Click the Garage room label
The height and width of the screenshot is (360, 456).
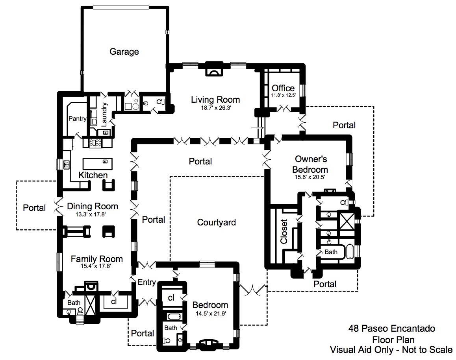pyautogui.click(x=124, y=52)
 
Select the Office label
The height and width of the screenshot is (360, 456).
pyautogui.click(x=283, y=88)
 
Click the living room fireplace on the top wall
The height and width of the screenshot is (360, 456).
pyautogui.click(x=214, y=69)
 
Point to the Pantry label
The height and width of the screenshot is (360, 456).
pyautogui.click(x=77, y=118)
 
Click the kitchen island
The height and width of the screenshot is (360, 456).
pyautogui.click(x=97, y=164)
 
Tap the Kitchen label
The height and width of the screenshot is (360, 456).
pyautogui.click(x=93, y=175)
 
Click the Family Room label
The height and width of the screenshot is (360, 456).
pyautogui.click(x=96, y=259)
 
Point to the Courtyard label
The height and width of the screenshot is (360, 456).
pyautogui.click(x=216, y=222)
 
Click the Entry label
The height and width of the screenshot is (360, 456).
pyautogui.click(x=146, y=282)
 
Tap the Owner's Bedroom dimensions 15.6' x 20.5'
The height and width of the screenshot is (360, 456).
pyautogui.click(x=310, y=177)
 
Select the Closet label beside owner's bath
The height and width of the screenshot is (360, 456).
pyautogui.click(x=284, y=231)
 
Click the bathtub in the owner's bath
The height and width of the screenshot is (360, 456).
pyautogui.click(x=349, y=252)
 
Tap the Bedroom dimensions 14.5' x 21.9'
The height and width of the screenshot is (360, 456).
pyautogui.click(x=211, y=314)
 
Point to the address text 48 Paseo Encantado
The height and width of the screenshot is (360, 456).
pyautogui.click(x=392, y=329)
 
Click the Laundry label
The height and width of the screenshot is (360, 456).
pyautogui.click(x=104, y=114)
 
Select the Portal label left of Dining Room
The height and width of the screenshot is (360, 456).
pyautogui.click(x=34, y=208)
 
